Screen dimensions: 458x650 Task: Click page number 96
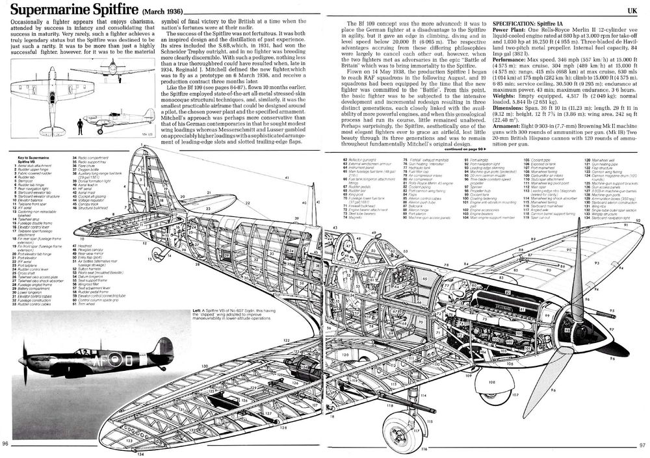(x=6, y=444)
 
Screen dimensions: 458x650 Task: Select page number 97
(x=642, y=445)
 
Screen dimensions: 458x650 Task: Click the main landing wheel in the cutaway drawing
(x=397, y=429)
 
